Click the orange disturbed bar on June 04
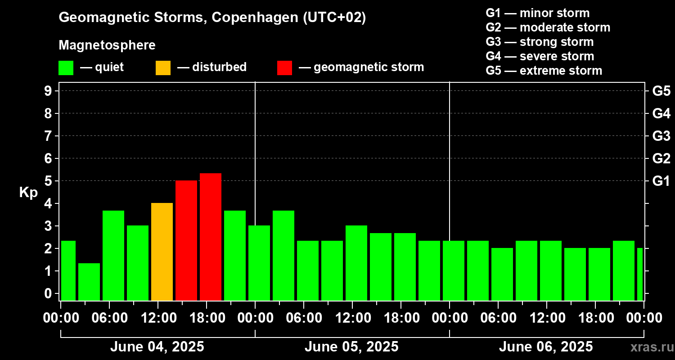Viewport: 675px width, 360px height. [x=162, y=252]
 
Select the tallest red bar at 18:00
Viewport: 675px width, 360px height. [x=211, y=237]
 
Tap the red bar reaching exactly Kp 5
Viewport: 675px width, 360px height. [x=186, y=240]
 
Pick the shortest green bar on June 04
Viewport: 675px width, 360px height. [x=89, y=282]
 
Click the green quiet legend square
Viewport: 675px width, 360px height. [x=66, y=67]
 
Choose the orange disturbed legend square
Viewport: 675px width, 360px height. [x=163, y=67]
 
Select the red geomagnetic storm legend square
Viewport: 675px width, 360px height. [x=284, y=67]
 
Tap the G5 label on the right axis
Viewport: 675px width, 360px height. [x=661, y=91]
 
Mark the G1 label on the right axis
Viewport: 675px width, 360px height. [x=661, y=181]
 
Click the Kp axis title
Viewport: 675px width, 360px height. [x=28, y=192]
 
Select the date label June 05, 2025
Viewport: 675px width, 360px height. [x=351, y=347]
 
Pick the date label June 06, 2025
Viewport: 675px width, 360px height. [x=546, y=347]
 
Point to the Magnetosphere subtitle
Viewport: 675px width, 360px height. [x=107, y=45]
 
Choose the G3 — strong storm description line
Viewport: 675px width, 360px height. [x=540, y=42]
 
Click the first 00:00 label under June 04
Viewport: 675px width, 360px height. [x=61, y=318]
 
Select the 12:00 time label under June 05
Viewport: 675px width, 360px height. [x=352, y=318]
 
